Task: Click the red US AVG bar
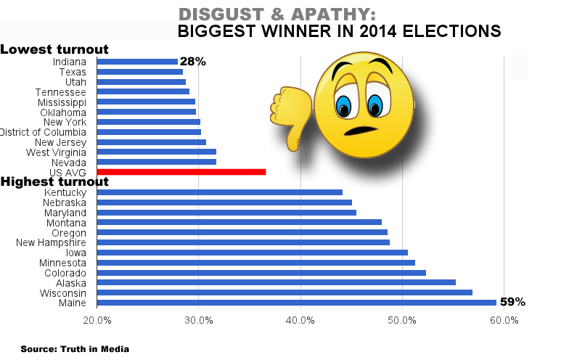[181, 172]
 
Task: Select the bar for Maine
[296, 303]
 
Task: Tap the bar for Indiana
[137, 62]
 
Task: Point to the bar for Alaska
[276, 282]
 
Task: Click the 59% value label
[512, 302]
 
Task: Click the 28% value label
[192, 62]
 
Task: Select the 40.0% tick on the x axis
[300, 320]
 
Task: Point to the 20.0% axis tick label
[97, 320]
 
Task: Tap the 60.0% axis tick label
[504, 320]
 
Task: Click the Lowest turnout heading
[54, 49]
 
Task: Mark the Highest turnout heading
[54, 181]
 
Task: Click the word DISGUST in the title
[216, 15]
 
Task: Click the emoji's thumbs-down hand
[288, 116]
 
